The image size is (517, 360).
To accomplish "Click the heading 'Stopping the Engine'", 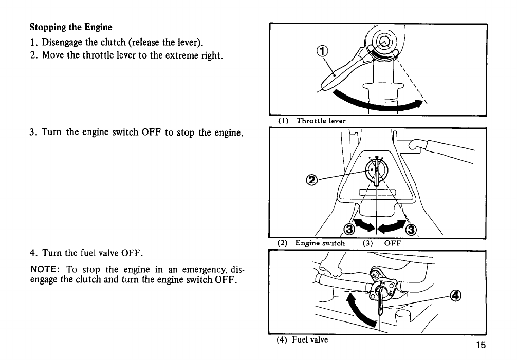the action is click(x=71, y=27).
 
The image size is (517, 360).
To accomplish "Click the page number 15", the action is click(x=481, y=345).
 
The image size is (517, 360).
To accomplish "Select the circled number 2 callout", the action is click(x=311, y=180).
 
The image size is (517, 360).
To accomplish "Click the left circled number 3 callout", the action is click(x=349, y=229).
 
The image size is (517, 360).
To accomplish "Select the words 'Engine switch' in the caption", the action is click(x=320, y=243).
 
